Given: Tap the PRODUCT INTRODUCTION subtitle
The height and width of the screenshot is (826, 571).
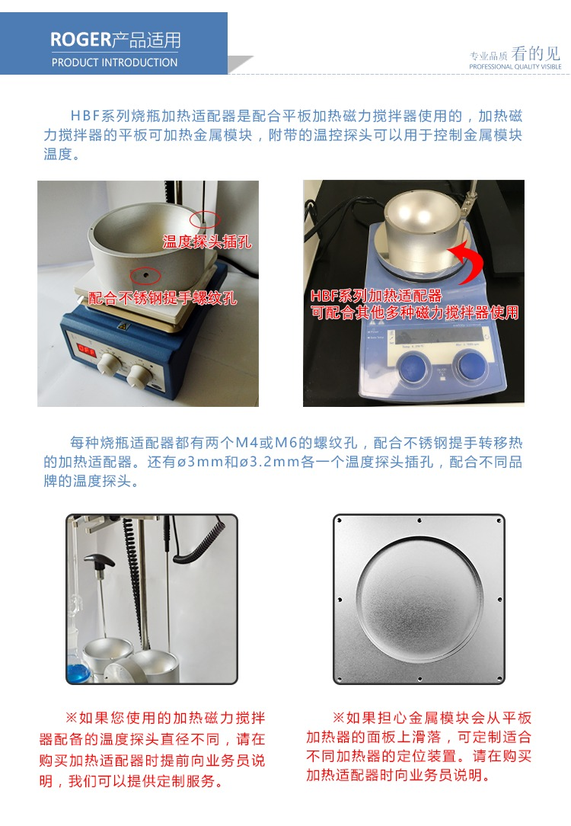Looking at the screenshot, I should click(x=114, y=62).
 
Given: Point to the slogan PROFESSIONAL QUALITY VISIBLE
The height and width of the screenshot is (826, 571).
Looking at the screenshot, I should click(x=515, y=67).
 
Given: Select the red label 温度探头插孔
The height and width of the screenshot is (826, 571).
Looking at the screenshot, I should click(x=206, y=242).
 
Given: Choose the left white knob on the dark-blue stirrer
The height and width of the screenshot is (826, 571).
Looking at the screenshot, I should click(x=106, y=364).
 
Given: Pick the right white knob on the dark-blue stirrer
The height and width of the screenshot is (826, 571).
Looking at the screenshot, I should click(x=139, y=373).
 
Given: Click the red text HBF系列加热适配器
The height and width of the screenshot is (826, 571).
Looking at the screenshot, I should click(x=376, y=296).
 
